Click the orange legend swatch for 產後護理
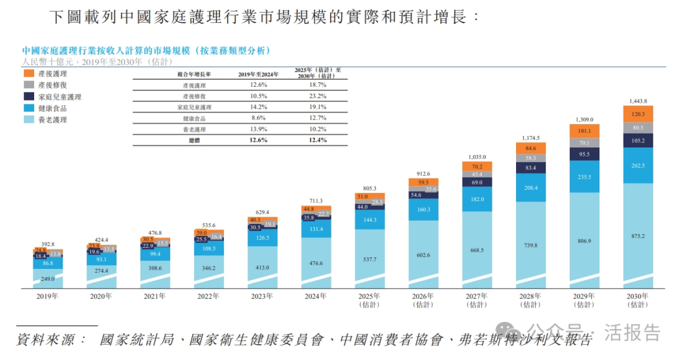coord(28,73)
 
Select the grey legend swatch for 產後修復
coord(28,85)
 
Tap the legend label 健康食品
coord(52,108)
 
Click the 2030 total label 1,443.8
coord(638,101)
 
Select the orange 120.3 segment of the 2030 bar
coord(638,114)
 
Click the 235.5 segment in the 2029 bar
coord(584,177)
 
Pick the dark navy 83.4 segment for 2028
coord(531,167)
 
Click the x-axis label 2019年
coord(47,295)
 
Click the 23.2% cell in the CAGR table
coord(318,96)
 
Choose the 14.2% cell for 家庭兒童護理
coord(259,107)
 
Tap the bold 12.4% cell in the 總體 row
coord(318,140)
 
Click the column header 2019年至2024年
coord(259,73)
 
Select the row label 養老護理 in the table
coord(194,129)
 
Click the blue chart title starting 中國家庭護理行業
coord(146,50)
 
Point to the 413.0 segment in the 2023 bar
coord(262,268)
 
